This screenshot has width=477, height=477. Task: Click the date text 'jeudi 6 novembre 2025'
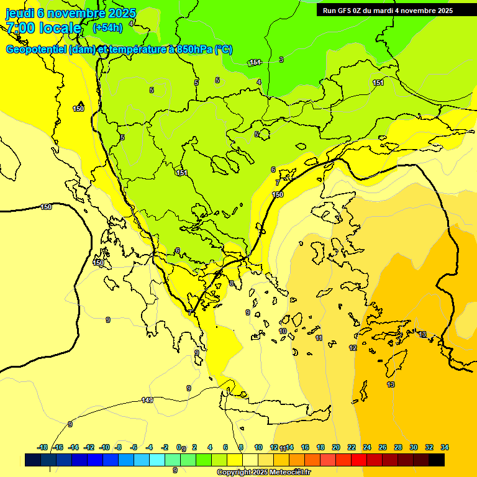(x=71, y=13)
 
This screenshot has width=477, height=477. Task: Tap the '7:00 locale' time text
(x=43, y=28)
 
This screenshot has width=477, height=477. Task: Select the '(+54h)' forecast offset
(x=107, y=28)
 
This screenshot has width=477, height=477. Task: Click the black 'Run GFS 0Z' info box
(x=388, y=10)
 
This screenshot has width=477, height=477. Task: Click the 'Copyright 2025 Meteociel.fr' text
(x=263, y=472)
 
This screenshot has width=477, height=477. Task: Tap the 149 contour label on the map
(x=147, y=400)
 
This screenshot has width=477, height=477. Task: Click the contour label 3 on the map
(x=281, y=60)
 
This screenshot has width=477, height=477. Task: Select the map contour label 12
(x=353, y=348)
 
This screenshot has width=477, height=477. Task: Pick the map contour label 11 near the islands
(x=319, y=338)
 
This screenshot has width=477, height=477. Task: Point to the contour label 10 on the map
(x=283, y=332)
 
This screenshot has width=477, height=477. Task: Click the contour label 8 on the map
(x=232, y=283)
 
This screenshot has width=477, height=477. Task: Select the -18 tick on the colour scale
(x=42, y=447)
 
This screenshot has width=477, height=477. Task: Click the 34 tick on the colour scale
(x=445, y=447)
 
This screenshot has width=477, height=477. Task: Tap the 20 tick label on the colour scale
(x=336, y=447)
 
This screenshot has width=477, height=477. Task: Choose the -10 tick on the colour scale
(x=104, y=447)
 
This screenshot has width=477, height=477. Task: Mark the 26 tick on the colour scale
(x=383, y=447)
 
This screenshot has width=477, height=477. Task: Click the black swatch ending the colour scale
(x=437, y=460)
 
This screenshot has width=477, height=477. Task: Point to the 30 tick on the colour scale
(x=414, y=447)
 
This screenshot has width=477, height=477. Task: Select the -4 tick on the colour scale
(x=150, y=447)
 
